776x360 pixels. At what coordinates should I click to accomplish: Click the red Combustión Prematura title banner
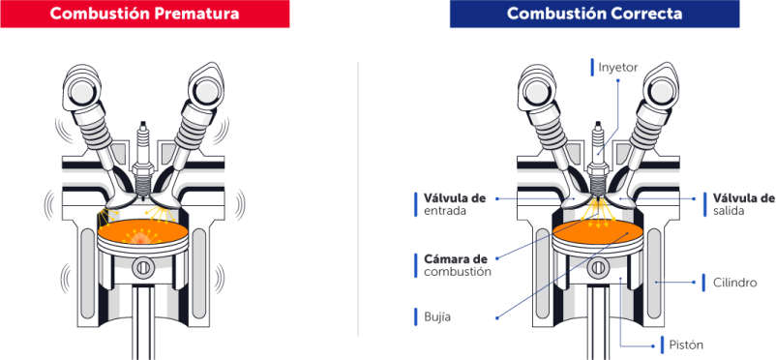[144, 14]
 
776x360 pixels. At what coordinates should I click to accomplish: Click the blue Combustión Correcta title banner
[594, 14]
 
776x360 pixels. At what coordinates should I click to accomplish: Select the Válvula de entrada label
[455, 204]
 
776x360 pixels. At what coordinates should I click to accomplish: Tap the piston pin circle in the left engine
[143, 268]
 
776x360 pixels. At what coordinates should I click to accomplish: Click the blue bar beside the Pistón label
[662, 345]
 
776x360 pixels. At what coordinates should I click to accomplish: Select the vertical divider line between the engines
[358, 199]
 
